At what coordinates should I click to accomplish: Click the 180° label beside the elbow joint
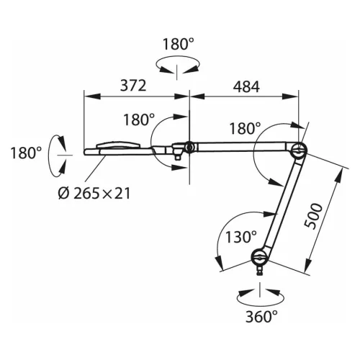244,129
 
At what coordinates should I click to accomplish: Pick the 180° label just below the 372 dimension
138,120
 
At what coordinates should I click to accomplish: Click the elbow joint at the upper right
297,150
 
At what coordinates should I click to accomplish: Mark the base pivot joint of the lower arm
259,256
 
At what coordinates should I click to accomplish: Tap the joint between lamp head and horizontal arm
189,148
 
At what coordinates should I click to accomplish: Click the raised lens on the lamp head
120,145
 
